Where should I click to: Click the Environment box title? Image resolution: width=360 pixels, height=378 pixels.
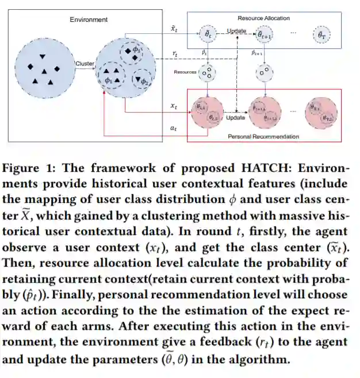89,20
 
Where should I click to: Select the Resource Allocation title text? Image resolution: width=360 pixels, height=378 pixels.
263,18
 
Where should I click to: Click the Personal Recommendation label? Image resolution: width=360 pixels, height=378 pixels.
263,136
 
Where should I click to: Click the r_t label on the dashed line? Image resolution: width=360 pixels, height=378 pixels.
174,53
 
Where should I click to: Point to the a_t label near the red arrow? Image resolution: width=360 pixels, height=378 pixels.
174,128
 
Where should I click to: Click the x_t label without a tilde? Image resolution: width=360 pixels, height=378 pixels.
174,106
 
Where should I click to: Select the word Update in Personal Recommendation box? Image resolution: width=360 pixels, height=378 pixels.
235,117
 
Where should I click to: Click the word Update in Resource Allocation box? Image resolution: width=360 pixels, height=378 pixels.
236,30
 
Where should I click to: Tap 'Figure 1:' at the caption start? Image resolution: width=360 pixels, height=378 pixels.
29,168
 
